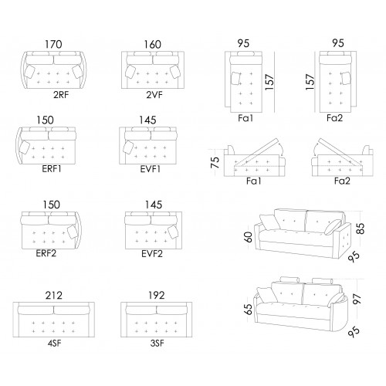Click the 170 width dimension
coord(53,44)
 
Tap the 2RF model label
coord(61,95)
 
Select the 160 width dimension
coord(153,44)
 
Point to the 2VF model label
coord(154,95)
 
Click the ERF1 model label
coord(52,169)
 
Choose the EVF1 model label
coord(151,169)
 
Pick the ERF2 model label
coord(46,253)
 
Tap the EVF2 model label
coord(152,254)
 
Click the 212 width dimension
coord(54,296)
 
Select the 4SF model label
coord(54,344)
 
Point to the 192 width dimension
coord(157,296)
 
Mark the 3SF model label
coord(157,344)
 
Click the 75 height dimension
coord(215,162)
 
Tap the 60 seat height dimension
coord(249,237)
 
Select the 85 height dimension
coord(361,229)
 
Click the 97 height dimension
coord(357,300)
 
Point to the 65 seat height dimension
coord(249,310)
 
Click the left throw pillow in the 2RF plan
coord(29,72)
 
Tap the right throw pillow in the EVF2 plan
coord(173,232)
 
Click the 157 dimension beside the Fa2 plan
coord(310,82)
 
